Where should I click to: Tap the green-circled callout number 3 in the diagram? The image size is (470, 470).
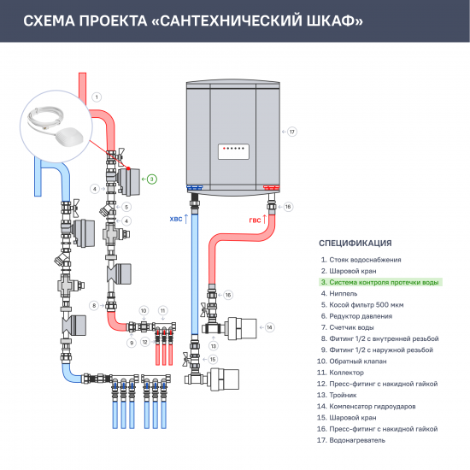[x=151, y=179]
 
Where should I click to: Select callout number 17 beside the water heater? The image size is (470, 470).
[x=291, y=132]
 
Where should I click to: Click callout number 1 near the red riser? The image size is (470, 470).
[x=97, y=97]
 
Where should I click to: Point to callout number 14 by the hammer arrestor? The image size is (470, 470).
[x=268, y=326]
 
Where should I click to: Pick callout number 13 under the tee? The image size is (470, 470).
[x=214, y=344]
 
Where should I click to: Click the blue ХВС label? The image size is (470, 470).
[x=177, y=219]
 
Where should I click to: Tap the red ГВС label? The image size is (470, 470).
[x=255, y=219]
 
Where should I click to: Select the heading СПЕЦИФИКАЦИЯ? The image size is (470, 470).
[x=355, y=243]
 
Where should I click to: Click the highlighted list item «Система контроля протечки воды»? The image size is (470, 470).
[x=379, y=281]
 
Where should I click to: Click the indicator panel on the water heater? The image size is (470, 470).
[x=234, y=148]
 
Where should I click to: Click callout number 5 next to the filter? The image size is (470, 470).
[x=126, y=206]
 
